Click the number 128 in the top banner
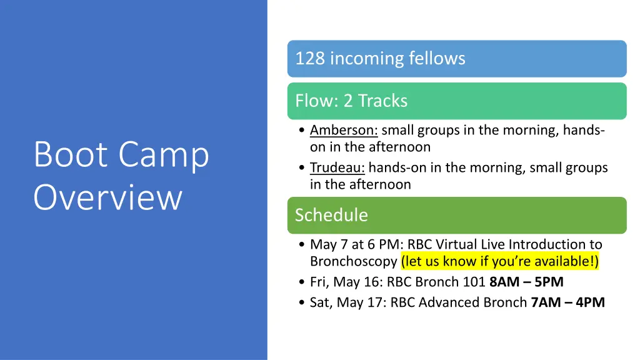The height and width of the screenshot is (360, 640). [x=310, y=59]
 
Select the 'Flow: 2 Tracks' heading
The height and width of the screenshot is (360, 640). [x=351, y=101]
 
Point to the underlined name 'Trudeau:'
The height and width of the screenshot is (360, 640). [x=337, y=168]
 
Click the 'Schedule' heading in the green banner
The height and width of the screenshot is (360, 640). [x=331, y=215]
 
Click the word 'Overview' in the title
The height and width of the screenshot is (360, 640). [x=107, y=197]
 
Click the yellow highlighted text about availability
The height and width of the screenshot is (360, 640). [x=500, y=261]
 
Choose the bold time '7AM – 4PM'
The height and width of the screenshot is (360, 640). [x=567, y=302]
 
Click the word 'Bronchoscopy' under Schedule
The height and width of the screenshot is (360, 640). [x=353, y=261]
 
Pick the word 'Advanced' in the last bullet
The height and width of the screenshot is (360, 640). [x=451, y=302]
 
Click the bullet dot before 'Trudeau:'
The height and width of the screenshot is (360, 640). [x=302, y=169]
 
